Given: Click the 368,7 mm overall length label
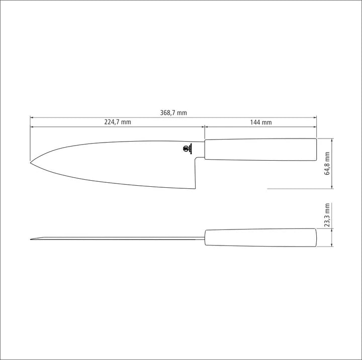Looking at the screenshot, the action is coord(173,113).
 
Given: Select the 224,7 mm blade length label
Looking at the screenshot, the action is coord(118,122).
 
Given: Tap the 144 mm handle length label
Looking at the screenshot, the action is coord(261,122).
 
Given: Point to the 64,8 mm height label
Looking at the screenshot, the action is coord(327,163).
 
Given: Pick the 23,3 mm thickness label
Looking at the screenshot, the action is coord(327,215).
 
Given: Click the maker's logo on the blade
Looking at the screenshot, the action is coord(187,149).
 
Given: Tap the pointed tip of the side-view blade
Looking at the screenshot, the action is coord(30,163).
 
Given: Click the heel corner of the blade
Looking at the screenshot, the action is coord(195,189).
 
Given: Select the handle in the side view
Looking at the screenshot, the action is coord(260,149).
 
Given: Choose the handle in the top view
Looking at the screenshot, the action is coord(260,237).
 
